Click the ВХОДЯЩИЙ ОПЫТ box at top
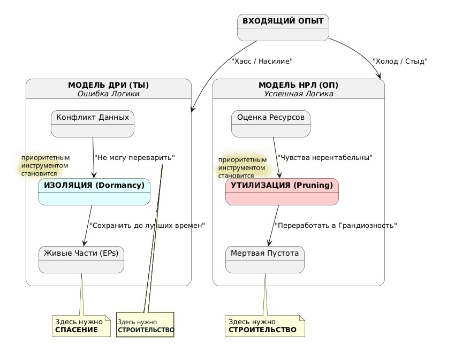click(x=283, y=27)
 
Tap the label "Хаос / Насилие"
click(x=262, y=62)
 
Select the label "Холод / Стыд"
click(x=399, y=62)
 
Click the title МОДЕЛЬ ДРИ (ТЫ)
click(x=108, y=85)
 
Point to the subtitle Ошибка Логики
click(x=108, y=94)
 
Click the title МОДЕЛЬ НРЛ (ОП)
click(x=298, y=85)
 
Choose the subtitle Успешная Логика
click(x=298, y=94)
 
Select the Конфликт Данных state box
click(x=93, y=124)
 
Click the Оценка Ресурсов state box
click(x=270, y=124)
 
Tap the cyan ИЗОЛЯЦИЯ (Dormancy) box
click(x=94, y=192)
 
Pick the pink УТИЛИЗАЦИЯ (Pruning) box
click(x=282, y=192)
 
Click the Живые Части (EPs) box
click(x=81, y=259)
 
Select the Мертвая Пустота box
click(x=264, y=259)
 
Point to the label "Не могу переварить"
click(x=134, y=158)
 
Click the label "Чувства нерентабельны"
click(x=324, y=158)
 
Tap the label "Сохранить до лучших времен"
click(x=147, y=226)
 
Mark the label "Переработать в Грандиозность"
click(x=335, y=226)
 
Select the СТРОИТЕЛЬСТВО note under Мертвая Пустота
click(x=264, y=326)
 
